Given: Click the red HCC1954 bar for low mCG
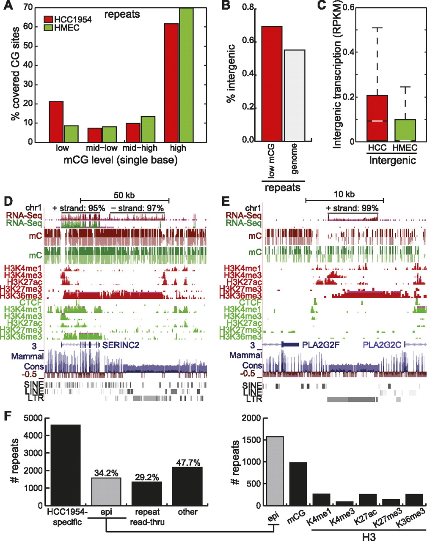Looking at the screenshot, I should [x=56, y=122].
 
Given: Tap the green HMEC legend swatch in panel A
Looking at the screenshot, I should [x=49, y=28].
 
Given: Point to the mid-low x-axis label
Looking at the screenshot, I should [x=102, y=148].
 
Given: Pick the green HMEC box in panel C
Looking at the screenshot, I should [x=405, y=130].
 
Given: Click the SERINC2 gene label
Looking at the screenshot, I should [x=121, y=345].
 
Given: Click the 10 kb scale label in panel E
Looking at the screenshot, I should [x=344, y=195].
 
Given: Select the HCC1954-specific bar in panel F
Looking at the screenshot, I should [x=66, y=465].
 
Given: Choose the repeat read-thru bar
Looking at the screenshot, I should [x=147, y=493].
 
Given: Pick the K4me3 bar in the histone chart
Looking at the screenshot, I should [x=344, y=503].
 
